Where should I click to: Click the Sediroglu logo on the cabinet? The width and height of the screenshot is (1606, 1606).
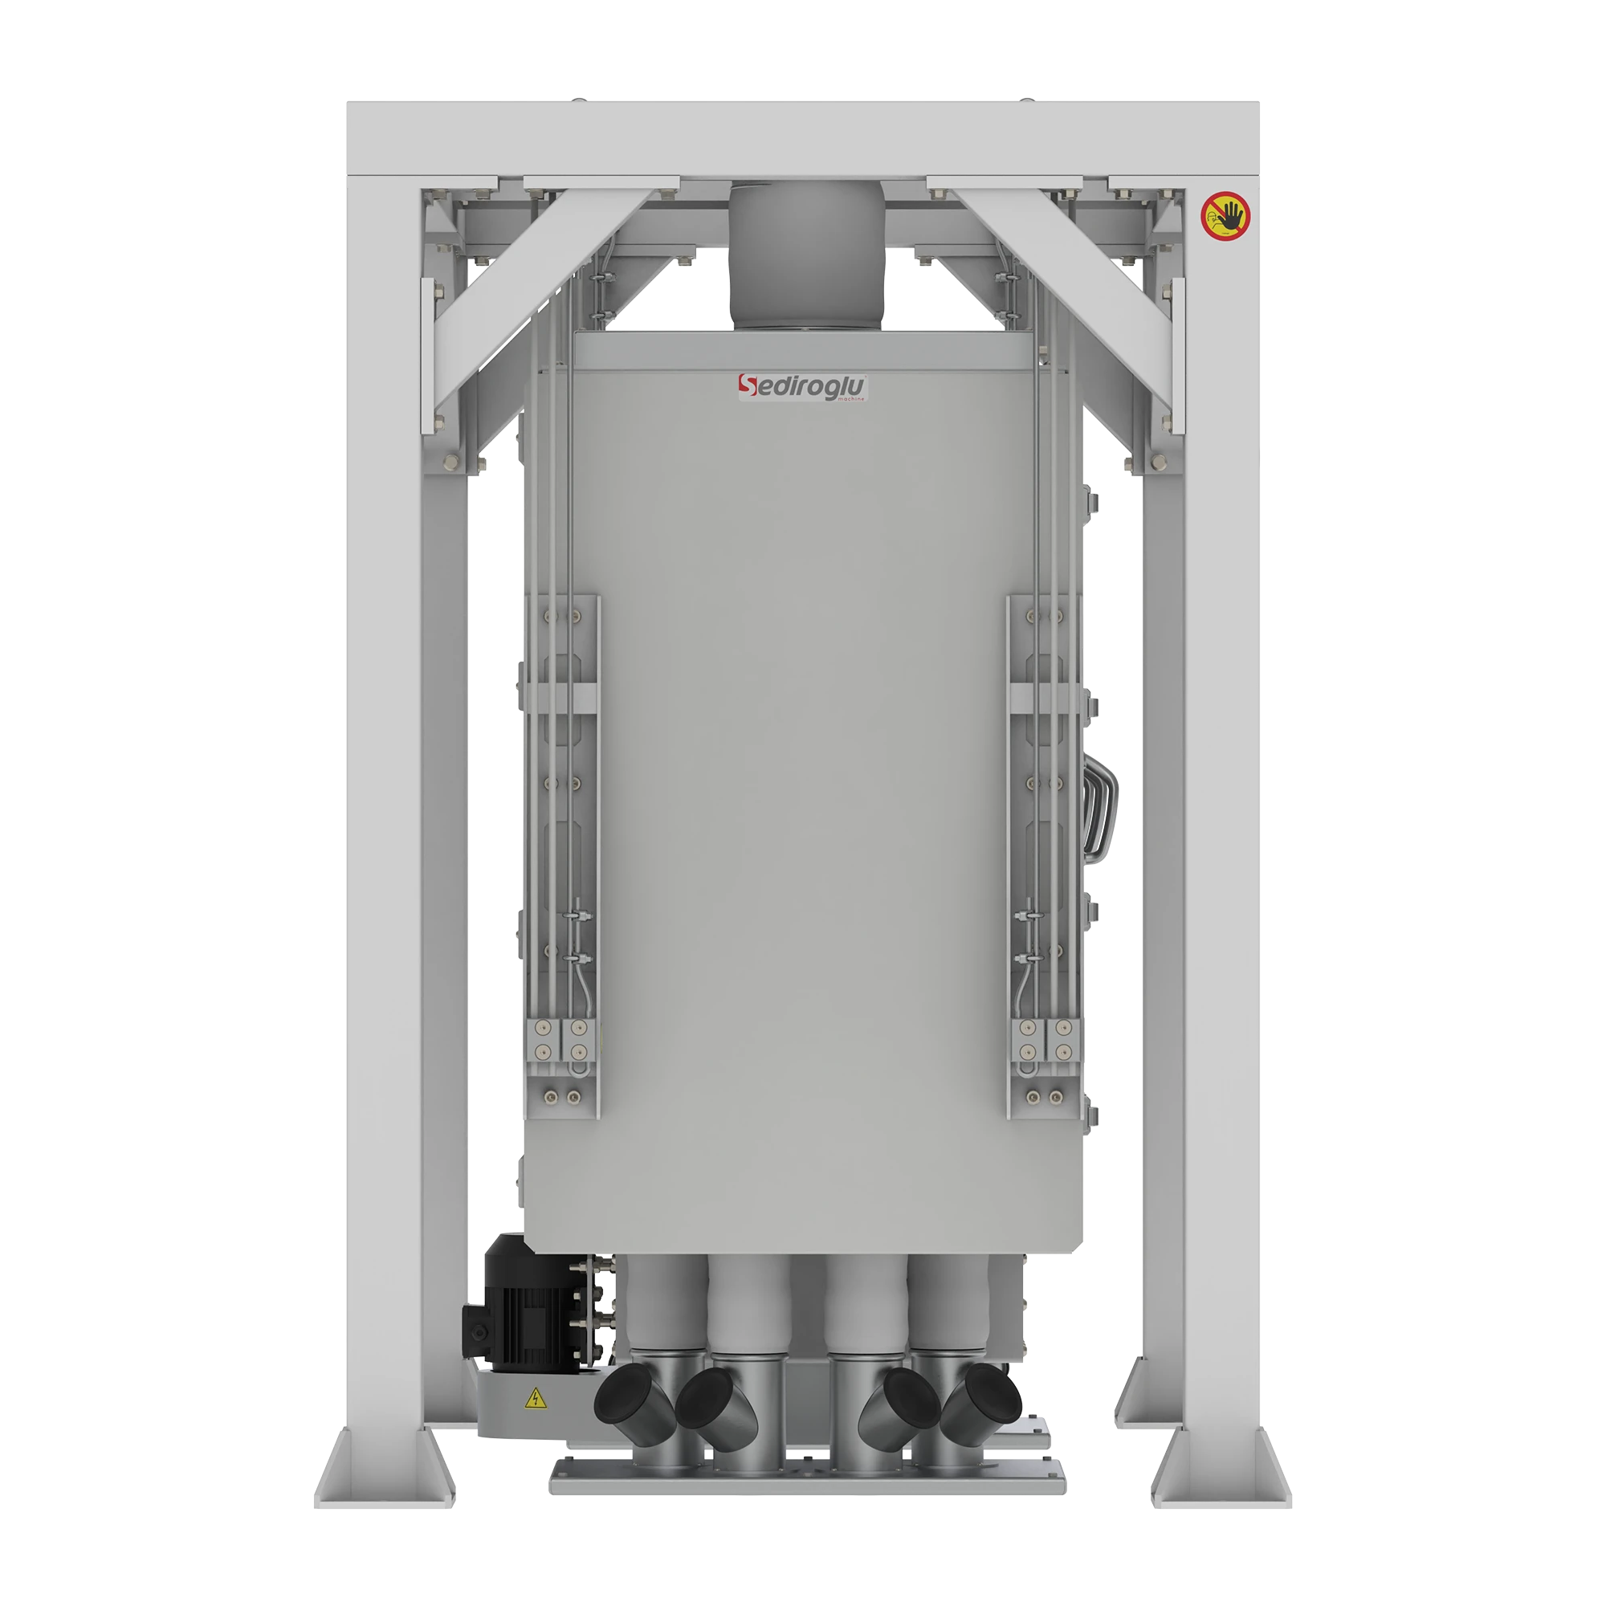pyautogui.click(x=803, y=388)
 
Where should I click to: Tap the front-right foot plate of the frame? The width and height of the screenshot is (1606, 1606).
pyautogui.click(x=1229, y=1463)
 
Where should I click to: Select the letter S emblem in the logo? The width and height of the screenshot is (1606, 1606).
pyautogui.click(x=748, y=386)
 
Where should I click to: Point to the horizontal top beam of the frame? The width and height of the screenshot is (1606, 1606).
pyautogui.click(x=803, y=137)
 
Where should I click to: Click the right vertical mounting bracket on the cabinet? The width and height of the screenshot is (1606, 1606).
pyautogui.click(x=1046, y=856)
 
